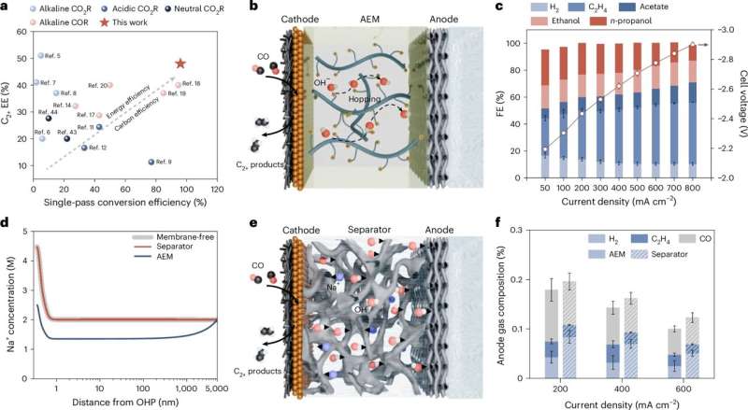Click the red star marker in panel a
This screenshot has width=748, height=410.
(180, 64)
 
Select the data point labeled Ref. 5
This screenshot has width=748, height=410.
(40, 56)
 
